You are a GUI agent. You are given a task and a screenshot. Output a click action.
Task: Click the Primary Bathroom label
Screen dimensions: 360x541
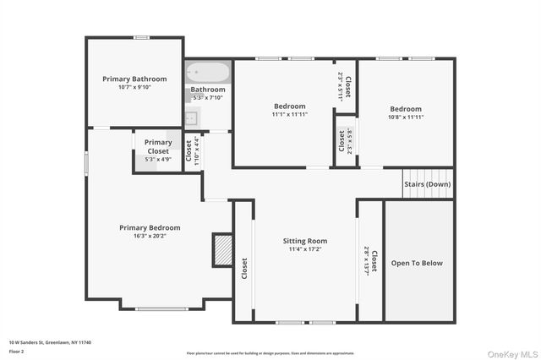coord(134,79)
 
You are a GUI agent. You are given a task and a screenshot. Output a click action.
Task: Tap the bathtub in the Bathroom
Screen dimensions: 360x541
coord(207,73)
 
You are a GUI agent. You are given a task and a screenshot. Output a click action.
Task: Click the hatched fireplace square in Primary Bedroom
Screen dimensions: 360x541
coord(222,250)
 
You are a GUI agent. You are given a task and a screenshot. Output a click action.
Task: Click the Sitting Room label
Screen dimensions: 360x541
coord(304,241)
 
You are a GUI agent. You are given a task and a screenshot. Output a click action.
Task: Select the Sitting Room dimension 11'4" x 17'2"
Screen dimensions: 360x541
coord(304,250)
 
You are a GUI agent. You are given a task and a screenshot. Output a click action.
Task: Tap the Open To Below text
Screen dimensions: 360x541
coord(416,263)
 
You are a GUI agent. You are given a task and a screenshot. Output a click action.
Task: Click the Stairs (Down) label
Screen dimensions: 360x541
coord(427,183)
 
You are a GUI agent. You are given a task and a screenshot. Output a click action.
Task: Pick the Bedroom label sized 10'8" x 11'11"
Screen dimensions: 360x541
coord(406,109)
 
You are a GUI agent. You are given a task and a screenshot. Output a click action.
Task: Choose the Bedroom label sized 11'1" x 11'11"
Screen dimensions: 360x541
coord(288,106)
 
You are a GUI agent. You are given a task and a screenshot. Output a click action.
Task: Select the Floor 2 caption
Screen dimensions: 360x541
coord(16,351)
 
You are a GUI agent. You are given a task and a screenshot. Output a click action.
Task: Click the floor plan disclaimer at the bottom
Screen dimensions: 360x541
coord(270,352)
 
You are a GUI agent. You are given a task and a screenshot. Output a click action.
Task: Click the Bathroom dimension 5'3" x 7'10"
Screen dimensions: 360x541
coord(207,97)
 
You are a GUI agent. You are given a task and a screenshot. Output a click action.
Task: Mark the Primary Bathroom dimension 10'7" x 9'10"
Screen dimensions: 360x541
coord(134,87)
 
